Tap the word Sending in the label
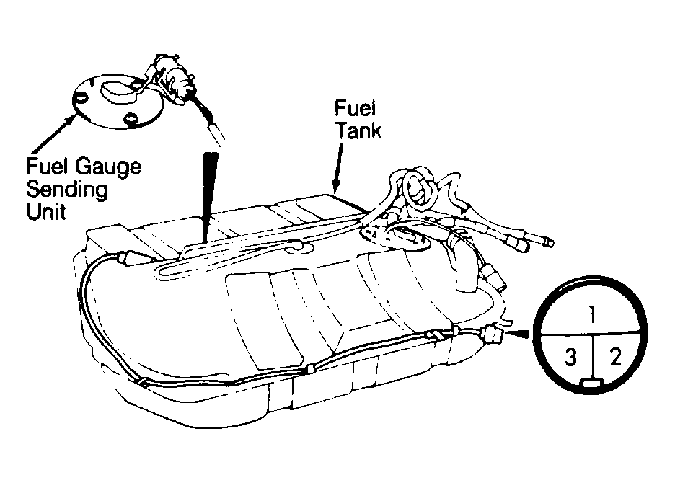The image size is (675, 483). [x=67, y=190]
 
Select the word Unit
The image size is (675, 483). [x=46, y=211]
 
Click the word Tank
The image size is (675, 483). [x=358, y=130]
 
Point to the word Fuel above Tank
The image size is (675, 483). [x=355, y=108]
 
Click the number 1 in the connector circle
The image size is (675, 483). [x=592, y=314]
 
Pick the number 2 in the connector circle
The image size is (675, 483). [x=616, y=356]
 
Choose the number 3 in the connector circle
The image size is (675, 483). [x=570, y=357]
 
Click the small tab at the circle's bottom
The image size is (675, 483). [x=594, y=383]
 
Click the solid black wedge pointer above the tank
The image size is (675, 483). [x=210, y=197]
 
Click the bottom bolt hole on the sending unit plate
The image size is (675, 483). [x=131, y=118]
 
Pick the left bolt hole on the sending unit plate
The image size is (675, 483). [x=81, y=98]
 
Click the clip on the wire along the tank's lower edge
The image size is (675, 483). [x=310, y=368]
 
